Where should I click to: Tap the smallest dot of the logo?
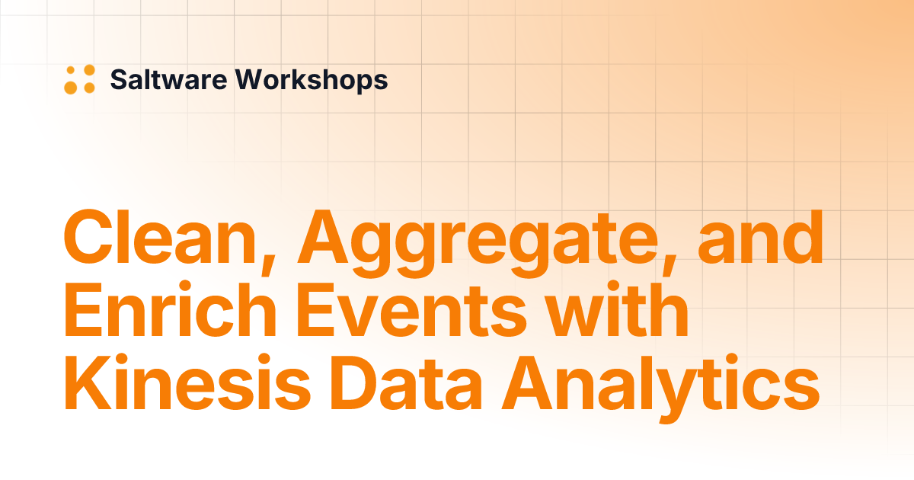[x=71, y=70]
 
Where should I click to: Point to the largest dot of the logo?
[x=71, y=87]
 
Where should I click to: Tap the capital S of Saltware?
[x=119, y=79]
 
